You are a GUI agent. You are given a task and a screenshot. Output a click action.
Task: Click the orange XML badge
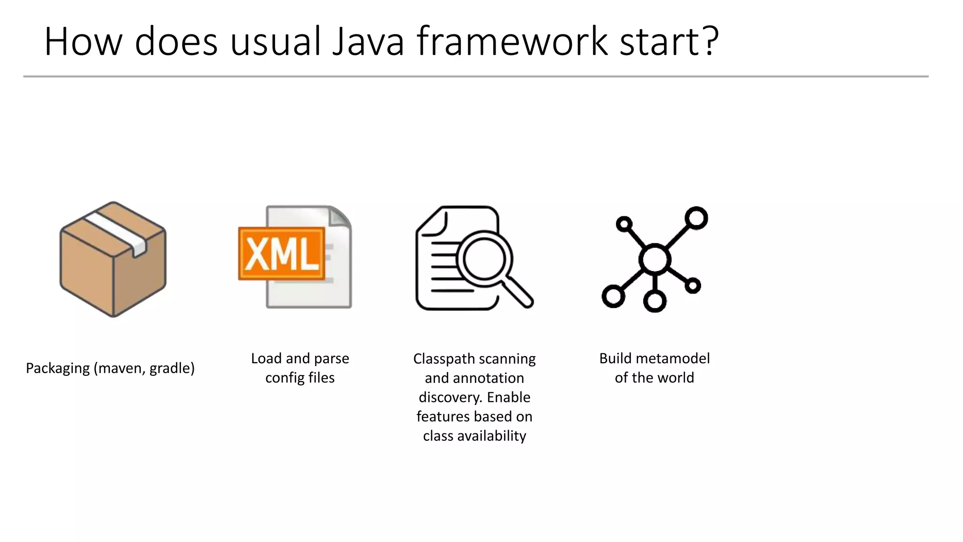click(x=282, y=254)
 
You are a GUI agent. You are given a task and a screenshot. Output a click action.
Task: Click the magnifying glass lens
click(x=484, y=259)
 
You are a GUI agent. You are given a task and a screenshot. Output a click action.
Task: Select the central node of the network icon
click(x=655, y=259)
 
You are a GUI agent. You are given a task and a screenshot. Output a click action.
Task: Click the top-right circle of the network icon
click(x=696, y=218)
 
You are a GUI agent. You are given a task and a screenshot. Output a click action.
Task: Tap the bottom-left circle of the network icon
click(x=613, y=296)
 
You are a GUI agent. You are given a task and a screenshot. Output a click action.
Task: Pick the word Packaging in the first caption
click(x=57, y=368)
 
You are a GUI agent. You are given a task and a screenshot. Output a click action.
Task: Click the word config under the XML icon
click(x=284, y=378)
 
